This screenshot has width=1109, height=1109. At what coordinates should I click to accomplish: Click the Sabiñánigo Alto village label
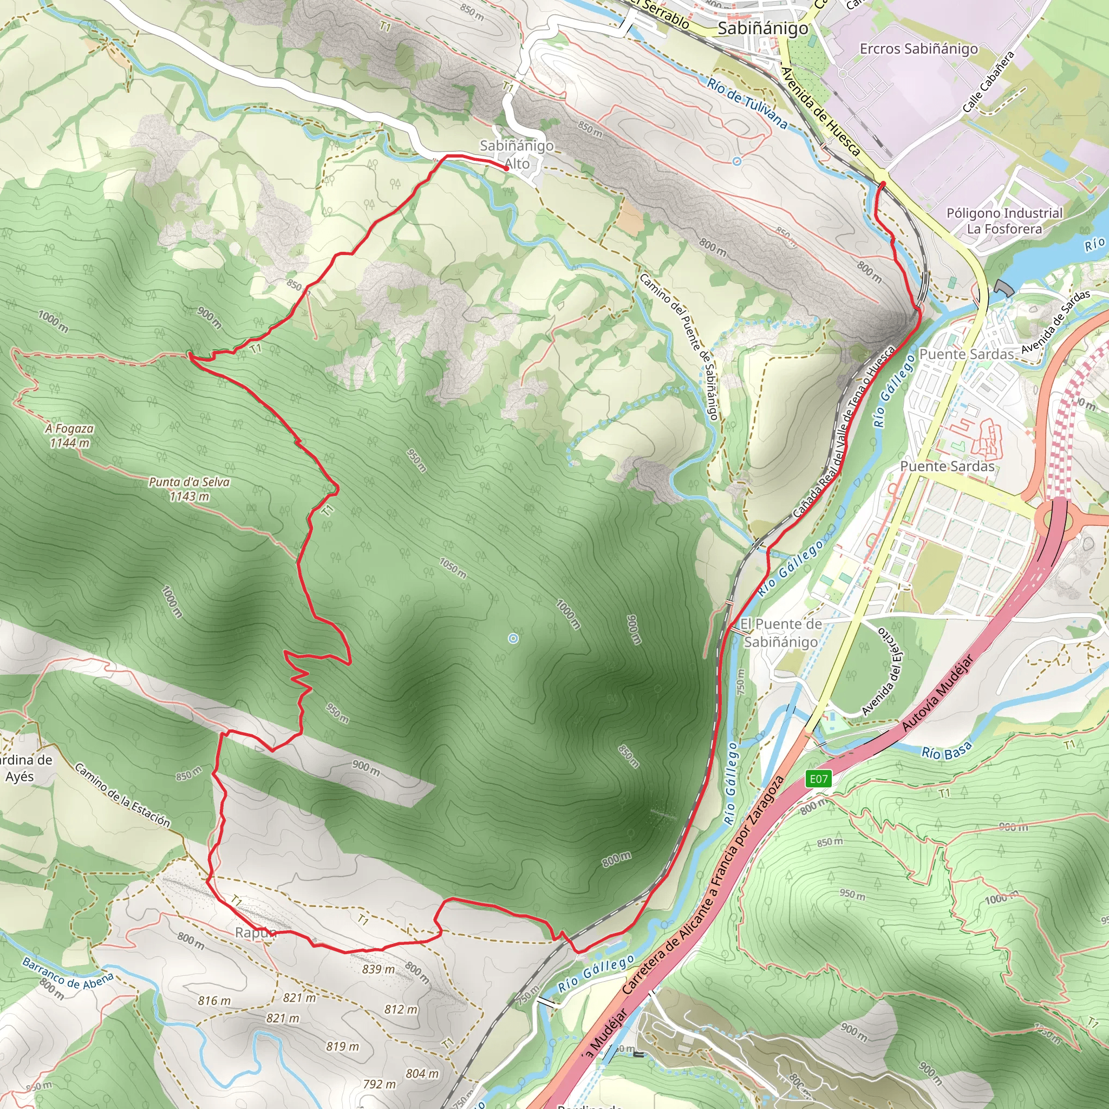pos(517,154)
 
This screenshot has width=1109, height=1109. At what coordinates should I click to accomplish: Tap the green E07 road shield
pos(819,778)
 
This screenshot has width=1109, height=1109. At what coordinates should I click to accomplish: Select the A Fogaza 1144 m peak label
pos(69,436)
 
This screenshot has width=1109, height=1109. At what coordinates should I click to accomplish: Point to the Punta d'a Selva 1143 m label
pos(190,489)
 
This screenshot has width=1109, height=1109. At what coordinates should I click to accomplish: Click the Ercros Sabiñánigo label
pos(918,49)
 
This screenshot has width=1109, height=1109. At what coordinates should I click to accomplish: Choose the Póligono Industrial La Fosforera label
pos(1004,221)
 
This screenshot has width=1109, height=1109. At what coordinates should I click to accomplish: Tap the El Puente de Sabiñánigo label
pos(781,632)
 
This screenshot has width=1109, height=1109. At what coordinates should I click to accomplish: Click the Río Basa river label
pos(947,750)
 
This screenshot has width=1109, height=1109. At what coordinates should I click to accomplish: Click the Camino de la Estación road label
pos(122,796)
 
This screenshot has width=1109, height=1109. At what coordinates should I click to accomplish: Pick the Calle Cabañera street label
pos(988,82)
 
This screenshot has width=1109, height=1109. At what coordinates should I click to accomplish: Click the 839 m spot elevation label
pos(379,969)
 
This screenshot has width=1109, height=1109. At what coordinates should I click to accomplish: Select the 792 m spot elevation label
pos(380,1084)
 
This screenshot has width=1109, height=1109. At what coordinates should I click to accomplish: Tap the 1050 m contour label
pos(453,566)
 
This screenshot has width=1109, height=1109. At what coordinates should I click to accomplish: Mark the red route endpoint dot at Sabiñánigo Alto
pos(506,169)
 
